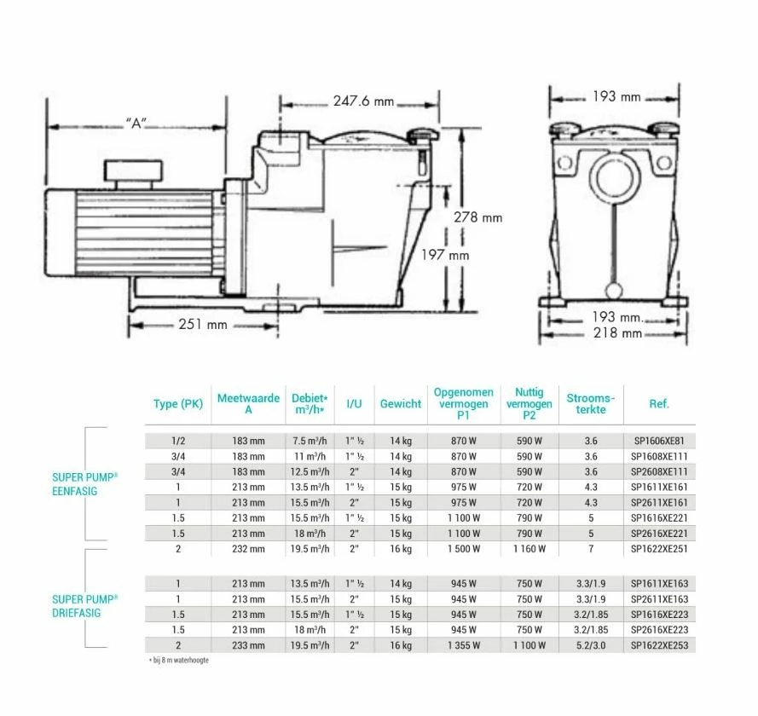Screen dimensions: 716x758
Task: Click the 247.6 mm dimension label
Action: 362,101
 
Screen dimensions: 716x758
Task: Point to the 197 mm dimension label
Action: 446,254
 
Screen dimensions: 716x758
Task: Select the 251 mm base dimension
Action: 203,324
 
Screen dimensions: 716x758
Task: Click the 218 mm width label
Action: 618,332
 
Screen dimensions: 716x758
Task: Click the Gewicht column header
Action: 401,404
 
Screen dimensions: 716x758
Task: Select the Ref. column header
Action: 659,404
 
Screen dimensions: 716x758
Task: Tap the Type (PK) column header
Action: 178,404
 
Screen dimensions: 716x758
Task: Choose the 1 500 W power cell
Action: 463,549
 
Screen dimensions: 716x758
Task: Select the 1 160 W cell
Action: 529,549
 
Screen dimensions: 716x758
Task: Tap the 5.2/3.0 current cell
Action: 591,646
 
